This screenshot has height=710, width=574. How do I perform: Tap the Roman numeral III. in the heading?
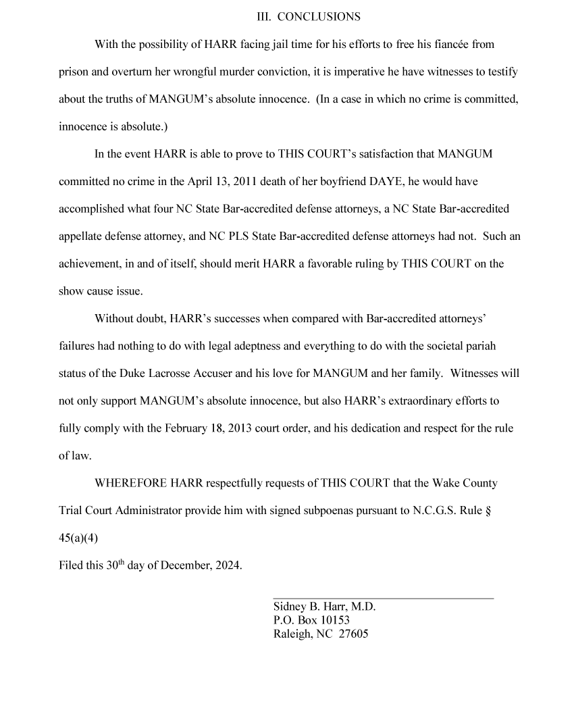[265, 16]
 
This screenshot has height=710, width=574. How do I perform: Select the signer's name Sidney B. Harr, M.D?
[324, 607]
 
